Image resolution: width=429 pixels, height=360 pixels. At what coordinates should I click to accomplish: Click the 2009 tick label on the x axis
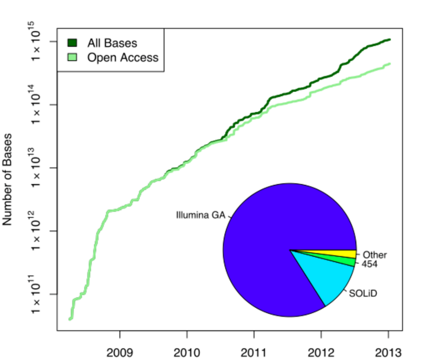click(x=120, y=353)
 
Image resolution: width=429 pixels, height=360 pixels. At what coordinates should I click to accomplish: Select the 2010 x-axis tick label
click(x=187, y=353)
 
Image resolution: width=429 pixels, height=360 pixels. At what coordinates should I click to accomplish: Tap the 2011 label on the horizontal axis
click(x=254, y=353)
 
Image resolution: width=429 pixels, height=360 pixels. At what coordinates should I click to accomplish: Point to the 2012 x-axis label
click(x=321, y=353)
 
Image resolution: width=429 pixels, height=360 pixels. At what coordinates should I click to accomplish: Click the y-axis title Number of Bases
click(x=8, y=180)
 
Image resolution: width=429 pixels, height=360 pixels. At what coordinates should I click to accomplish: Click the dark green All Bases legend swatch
click(x=72, y=43)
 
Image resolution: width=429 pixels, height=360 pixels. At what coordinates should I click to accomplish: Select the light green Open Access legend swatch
click(x=72, y=57)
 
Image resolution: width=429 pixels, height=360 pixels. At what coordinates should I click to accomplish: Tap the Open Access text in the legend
click(x=123, y=57)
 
